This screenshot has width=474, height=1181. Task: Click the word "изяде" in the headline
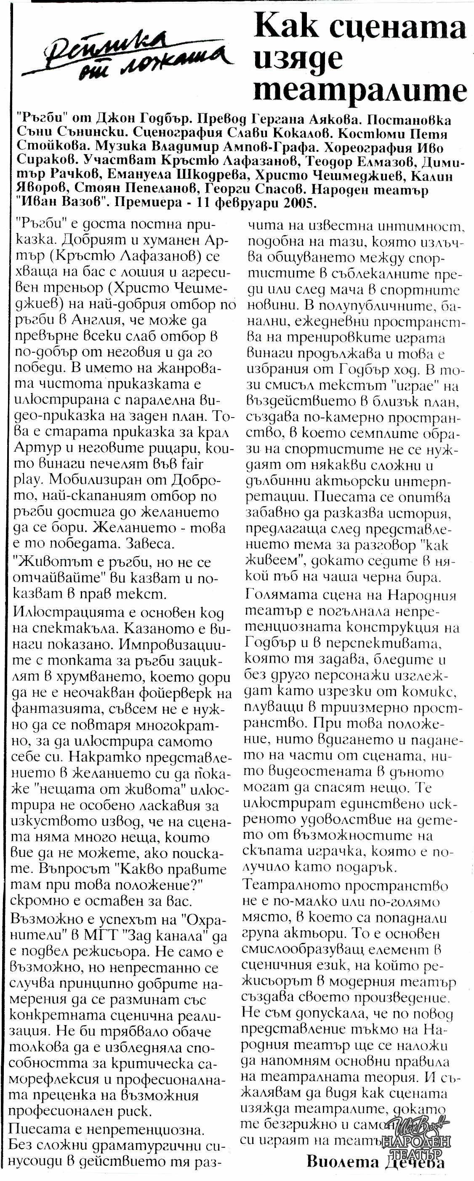[x=298, y=58]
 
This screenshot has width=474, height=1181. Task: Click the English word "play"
[x=28, y=479]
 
